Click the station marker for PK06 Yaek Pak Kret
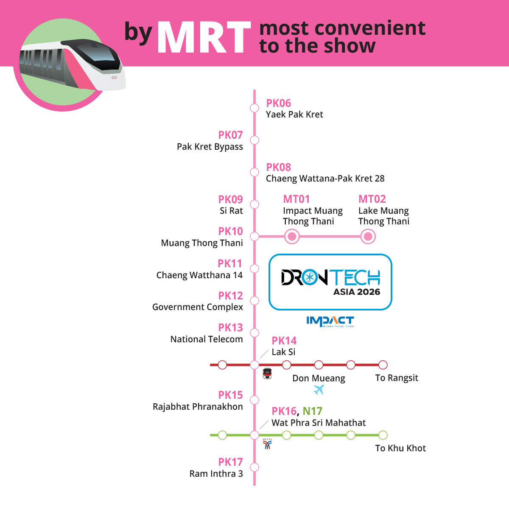(x=255, y=108)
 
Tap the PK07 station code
(x=230, y=135)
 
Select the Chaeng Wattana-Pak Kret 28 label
(x=325, y=179)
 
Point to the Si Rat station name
(x=232, y=210)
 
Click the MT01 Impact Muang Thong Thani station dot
(x=292, y=236)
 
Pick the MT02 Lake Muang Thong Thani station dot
(x=368, y=236)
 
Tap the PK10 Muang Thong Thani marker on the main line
(x=255, y=236)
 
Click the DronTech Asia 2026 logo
(x=330, y=282)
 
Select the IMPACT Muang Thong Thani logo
(x=330, y=322)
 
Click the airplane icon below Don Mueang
(x=319, y=390)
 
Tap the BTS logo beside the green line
(x=267, y=444)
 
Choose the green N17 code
(x=313, y=411)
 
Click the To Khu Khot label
(x=400, y=448)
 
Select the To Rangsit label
(x=397, y=378)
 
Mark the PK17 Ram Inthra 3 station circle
(x=255, y=467)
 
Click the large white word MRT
(x=204, y=37)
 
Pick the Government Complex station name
(x=198, y=307)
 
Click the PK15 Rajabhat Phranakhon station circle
(x=255, y=400)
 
